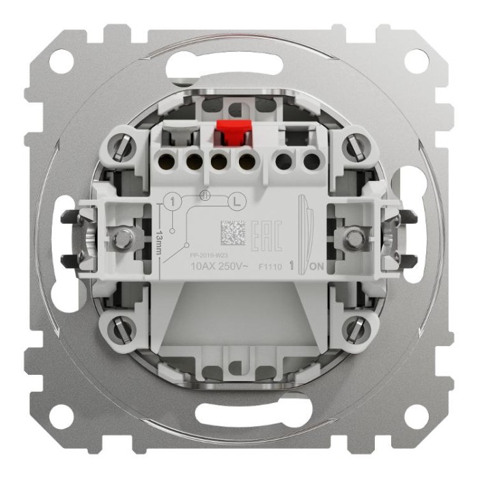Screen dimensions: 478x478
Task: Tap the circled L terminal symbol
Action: [x=237, y=201]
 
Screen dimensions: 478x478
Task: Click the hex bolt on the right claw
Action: [x=354, y=238]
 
